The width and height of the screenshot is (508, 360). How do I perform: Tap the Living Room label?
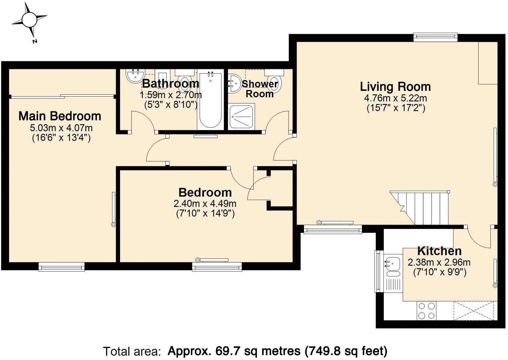(395, 87)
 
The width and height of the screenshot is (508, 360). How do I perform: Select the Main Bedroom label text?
(60, 116)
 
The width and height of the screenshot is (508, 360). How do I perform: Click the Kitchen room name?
(439, 251)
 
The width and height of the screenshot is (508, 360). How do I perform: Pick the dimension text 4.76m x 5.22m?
(395, 98)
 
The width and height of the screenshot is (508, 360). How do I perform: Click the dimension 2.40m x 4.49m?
(205, 203)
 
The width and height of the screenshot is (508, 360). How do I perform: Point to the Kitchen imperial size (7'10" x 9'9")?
(439, 272)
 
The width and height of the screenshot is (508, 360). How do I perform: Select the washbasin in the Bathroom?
(135, 76)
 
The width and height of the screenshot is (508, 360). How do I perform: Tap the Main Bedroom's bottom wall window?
(61, 266)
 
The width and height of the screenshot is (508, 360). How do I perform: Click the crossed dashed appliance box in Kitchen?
(474, 311)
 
